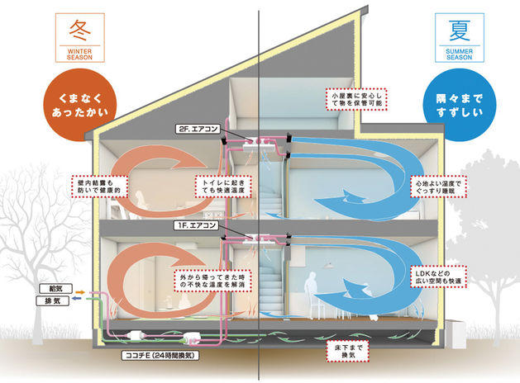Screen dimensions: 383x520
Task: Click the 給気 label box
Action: click(x=50, y=291)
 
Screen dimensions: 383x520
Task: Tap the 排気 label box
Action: click(x=50, y=302)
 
